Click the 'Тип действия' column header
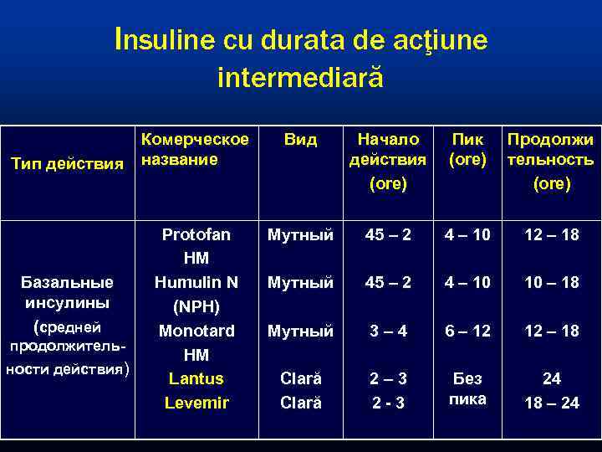point(67,161)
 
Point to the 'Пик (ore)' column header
point(467,149)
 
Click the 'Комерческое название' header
point(195,149)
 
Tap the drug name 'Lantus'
point(196,378)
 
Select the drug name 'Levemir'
point(196,403)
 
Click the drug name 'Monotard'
point(196,330)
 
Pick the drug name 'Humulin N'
point(196,282)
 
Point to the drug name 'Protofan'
point(196,234)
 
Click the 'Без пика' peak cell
point(467,389)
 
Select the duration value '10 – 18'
point(550,282)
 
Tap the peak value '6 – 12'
point(467,331)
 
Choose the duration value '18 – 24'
point(550,403)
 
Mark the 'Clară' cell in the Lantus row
point(300,378)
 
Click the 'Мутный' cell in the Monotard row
point(300,331)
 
